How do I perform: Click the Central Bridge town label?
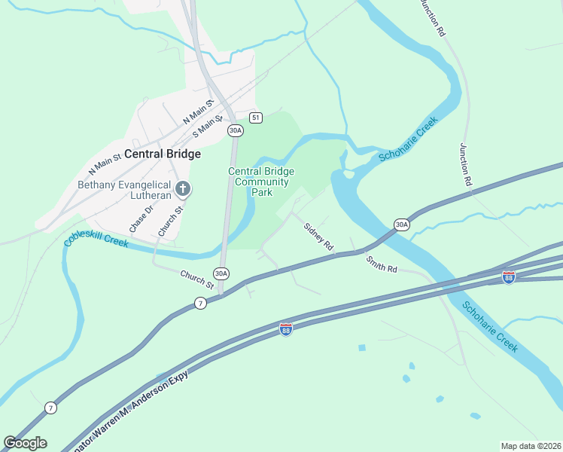pos(163,154)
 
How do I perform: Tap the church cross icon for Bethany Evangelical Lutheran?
pos(181,188)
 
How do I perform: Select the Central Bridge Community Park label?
pos(261,182)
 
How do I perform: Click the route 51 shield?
pos(257,118)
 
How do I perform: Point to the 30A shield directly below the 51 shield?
pos(236,130)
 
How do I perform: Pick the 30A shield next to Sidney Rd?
pos(401,224)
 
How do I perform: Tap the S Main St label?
pos(208,125)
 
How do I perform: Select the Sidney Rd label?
pos(318,236)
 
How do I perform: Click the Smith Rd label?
pos(382,264)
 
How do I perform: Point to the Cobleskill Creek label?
pos(97,240)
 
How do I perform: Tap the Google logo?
pos(25,442)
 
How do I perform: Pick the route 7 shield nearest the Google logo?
pos(50,408)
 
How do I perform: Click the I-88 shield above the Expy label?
pos(286,329)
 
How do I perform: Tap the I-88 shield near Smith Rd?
pos(509,277)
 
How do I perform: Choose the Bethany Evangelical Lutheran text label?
pos(123,189)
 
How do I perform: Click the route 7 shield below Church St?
pos(199,303)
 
